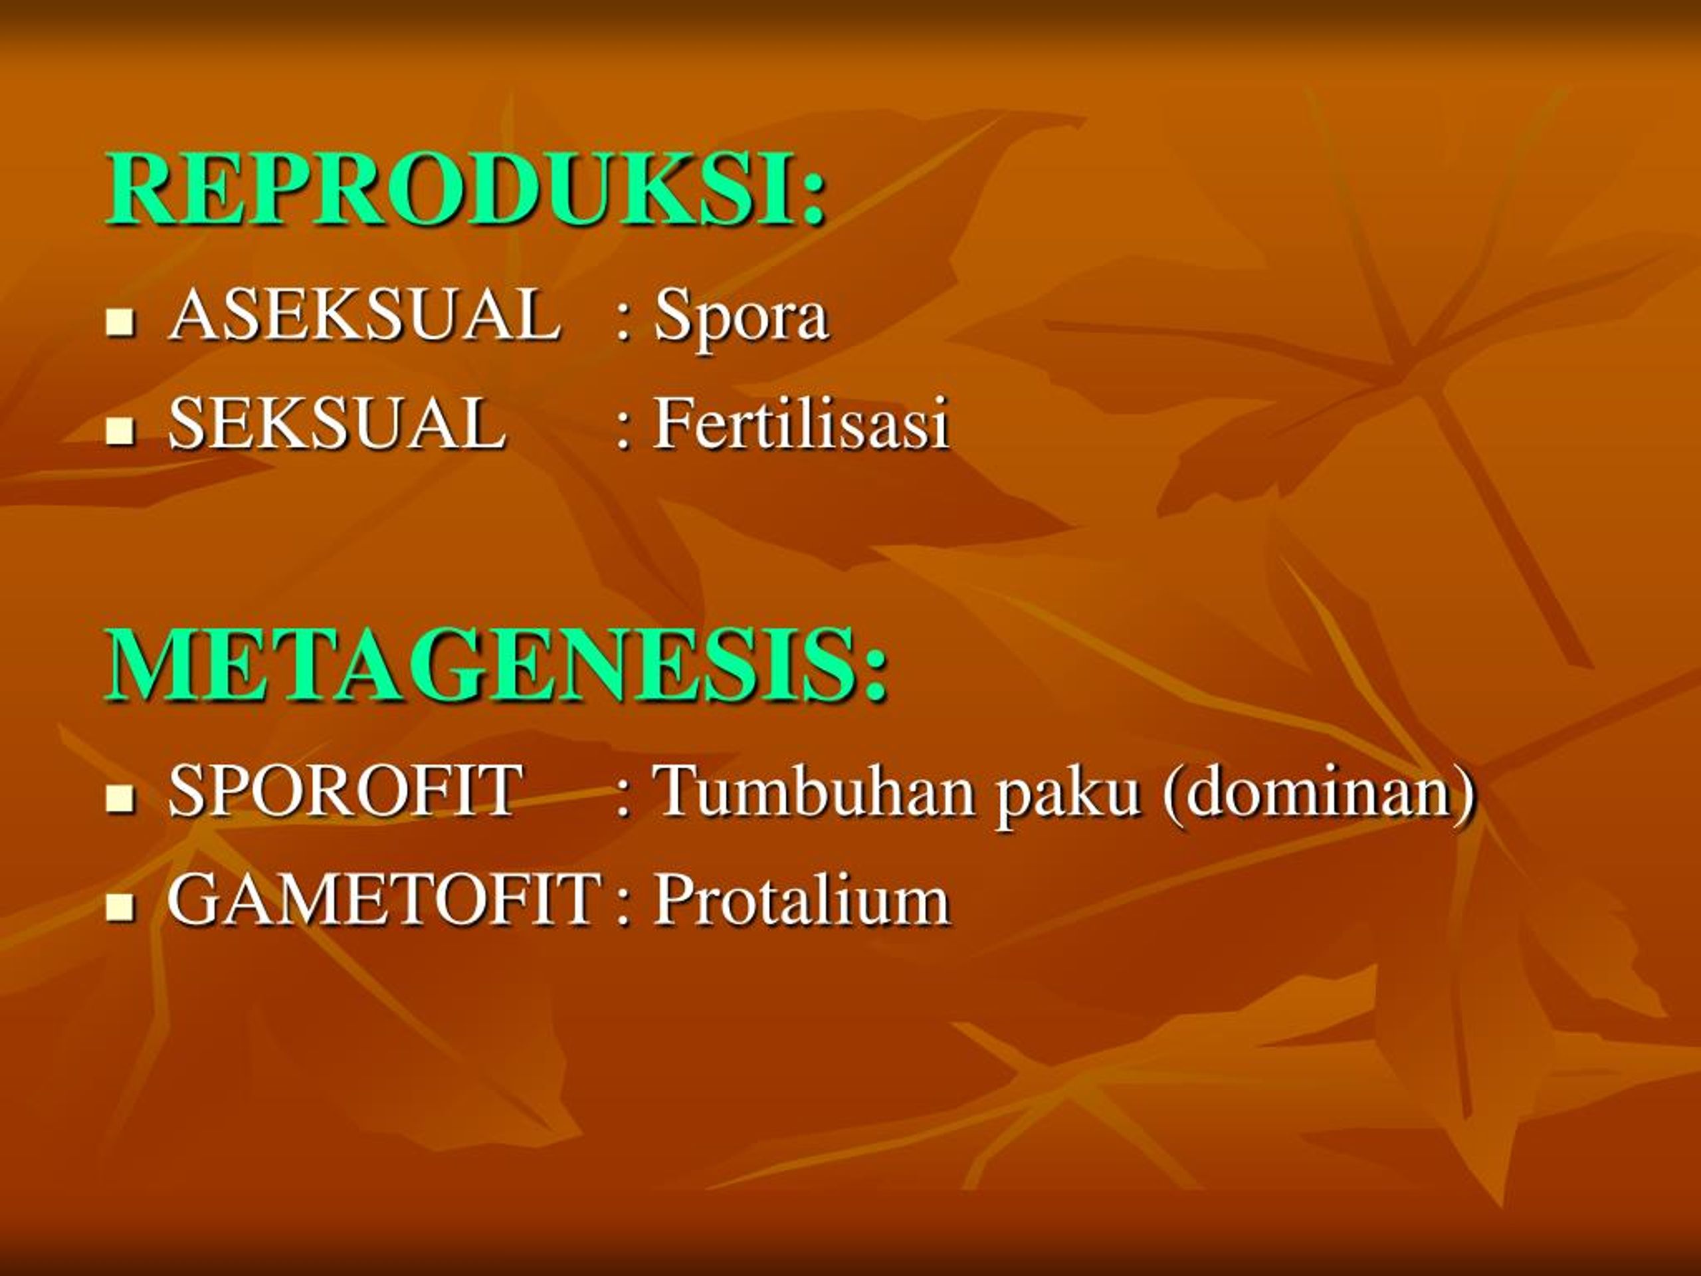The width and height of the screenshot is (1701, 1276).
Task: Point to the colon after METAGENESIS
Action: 874,678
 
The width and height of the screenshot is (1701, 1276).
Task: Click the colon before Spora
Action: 622,326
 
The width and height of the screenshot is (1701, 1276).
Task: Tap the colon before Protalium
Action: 622,910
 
